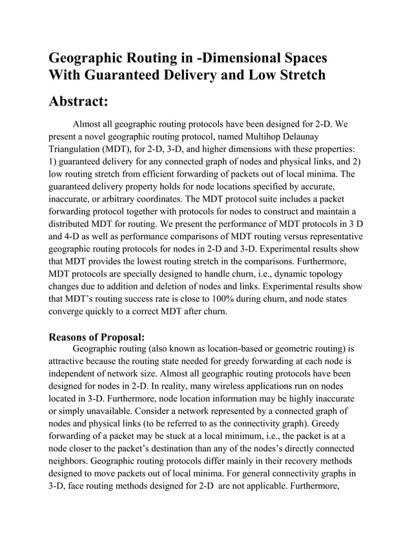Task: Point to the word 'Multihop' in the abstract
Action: pyautogui.click(x=301, y=136)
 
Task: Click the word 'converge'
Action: pyautogui.click(x=70, y=314)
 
